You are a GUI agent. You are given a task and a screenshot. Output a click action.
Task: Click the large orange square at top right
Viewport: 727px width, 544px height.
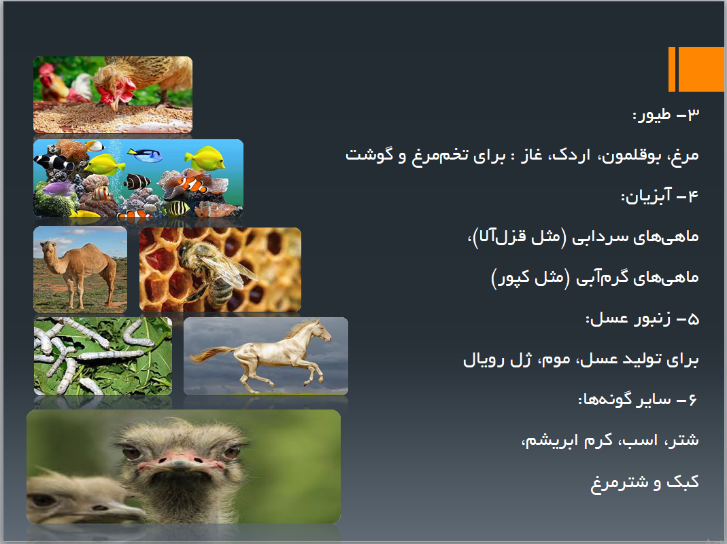(701, 69)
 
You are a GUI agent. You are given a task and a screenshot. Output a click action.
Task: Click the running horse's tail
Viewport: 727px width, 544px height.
(208, 355)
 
